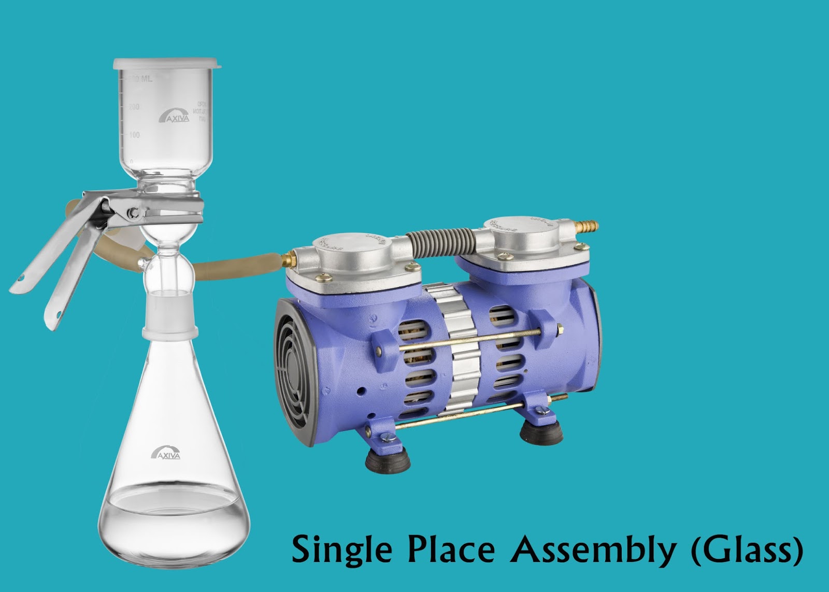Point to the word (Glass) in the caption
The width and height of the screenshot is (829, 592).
(x=747, y=550)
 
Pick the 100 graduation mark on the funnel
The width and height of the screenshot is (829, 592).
(x=134, y=135)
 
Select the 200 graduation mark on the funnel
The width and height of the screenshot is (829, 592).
(x=134, y=107)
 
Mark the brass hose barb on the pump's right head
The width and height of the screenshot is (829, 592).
(x=588, y=227)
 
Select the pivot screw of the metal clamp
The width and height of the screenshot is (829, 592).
(x=135, y=212)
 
